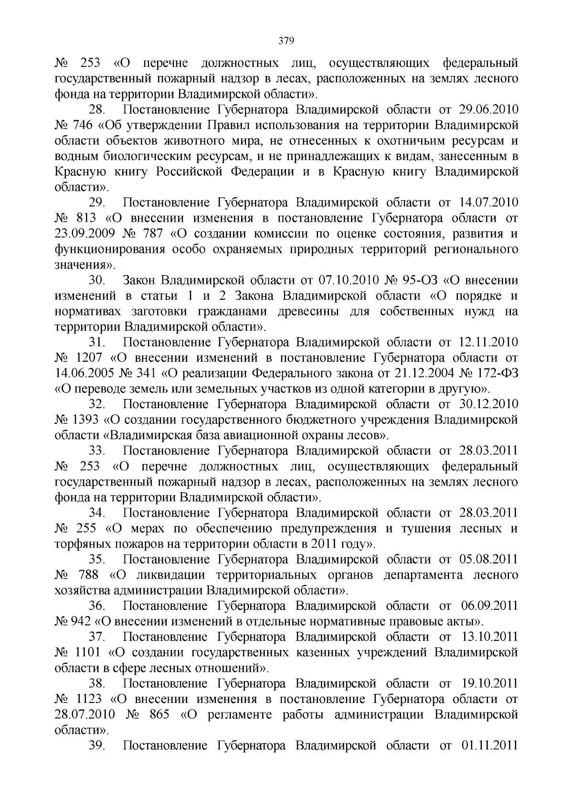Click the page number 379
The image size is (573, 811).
coord(286,40)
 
